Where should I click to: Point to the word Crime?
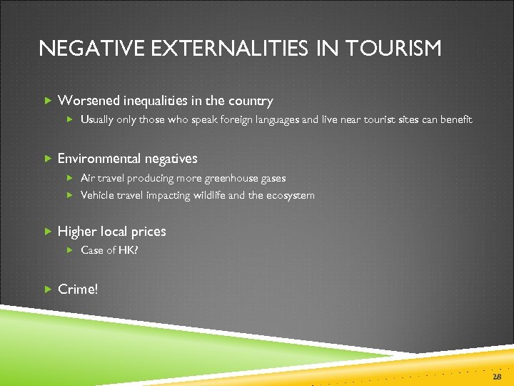coord(78,289)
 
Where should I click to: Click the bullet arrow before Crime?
coord(48,289)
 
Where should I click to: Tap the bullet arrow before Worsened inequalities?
coord(48,101)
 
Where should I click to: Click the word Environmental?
coord(99,158)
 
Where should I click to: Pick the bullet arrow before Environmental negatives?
coord(48,158)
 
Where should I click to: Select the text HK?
coord(128,249)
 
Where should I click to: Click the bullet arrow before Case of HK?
coord(70,249)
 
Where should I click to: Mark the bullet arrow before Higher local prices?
coord(48,231)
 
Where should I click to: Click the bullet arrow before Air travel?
coord(70,178)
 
